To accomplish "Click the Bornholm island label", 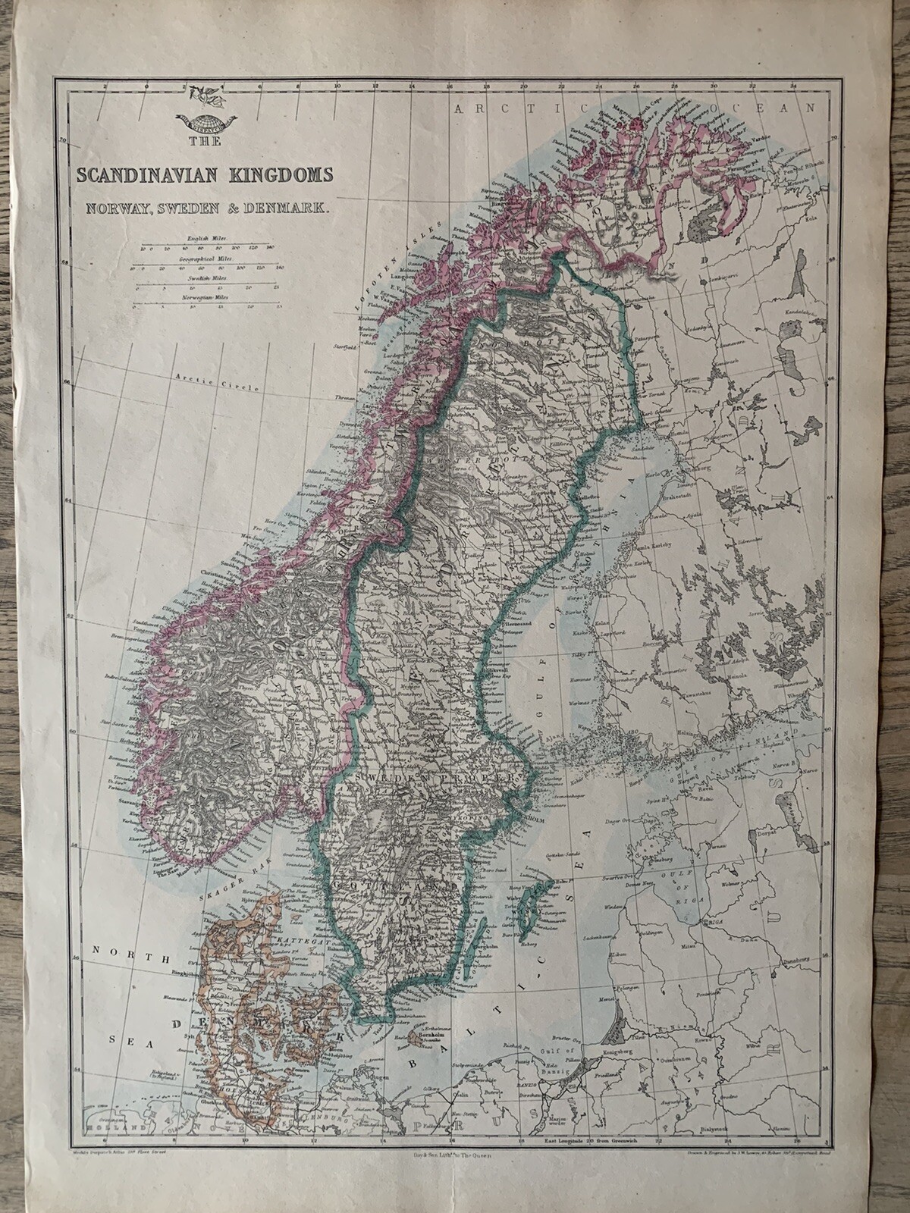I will pyautogui.click(x=422, y=1033).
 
